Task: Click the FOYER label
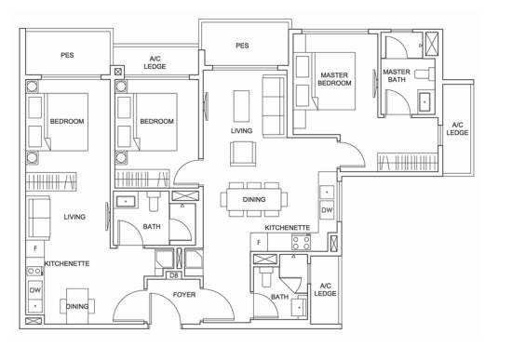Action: click(x=184, y=295)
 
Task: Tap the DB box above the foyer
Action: click(x=174, y=275)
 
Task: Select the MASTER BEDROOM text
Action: click(x=334, y=79)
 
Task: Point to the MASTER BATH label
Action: click(x=397, y=75)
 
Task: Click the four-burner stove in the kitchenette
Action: click(x=301, y=243)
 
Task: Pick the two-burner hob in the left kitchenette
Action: click(x=34, y=271)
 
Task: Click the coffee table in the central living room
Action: click(x=241, y=106)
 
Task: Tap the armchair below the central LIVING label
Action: click(x=243, y=153)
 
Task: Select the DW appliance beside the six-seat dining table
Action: click(x=327, y=210)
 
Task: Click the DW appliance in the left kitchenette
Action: click(x=35, y=290)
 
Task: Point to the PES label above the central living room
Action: click(x=242, y=46)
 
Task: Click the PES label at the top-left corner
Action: click(x=67, y=55)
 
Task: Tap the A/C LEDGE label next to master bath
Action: click(x=457, y=128)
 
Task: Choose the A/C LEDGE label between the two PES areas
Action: click(x=155, y=62)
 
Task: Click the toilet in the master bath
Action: click(x=424, y=73)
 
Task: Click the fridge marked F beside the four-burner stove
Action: click(x=259, y=243)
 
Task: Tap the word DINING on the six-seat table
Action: click(x=254, y=199)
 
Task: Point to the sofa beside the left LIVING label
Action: click(x=39, y=218)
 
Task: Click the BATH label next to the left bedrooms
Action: click(x=152, y=226)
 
